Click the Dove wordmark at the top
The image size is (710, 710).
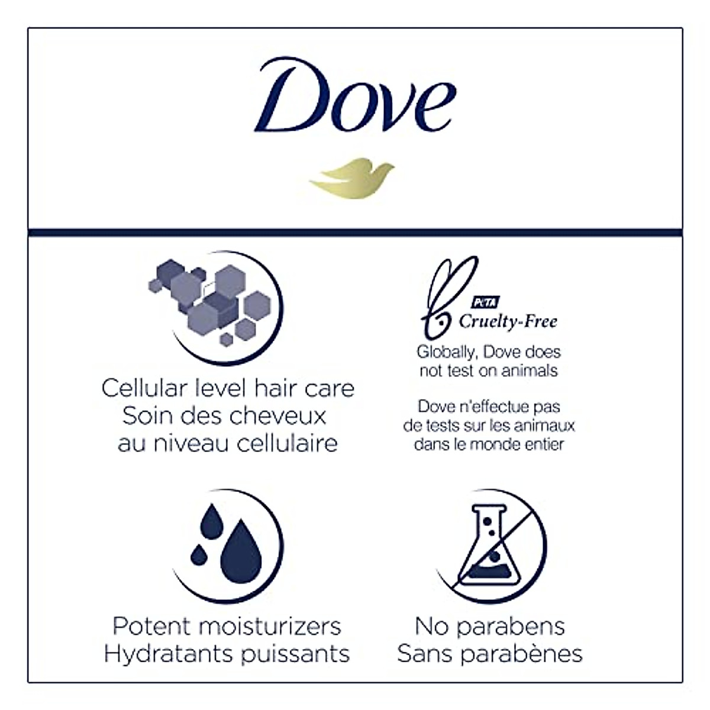pyautogui.click(x=355, y=95)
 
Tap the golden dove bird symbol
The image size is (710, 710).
pyautogui.click(x=352, y=178)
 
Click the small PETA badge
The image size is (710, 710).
pyautogui.click(x=485, y=302)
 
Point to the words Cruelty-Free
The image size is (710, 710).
pyautogui.click(x=508, y=322)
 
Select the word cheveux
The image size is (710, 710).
pyautogui.click(x=278, y=416)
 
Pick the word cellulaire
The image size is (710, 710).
pyautogui.click(x=287, y=443)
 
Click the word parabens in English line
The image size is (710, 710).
pyautogui.click(x=511, y=627)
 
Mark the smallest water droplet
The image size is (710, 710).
pyautogui.click(x=199, y=554)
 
